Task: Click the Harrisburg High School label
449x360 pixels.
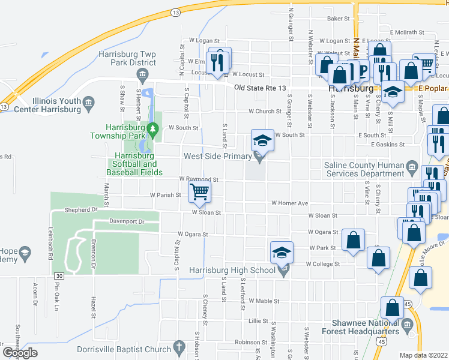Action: point(232,271)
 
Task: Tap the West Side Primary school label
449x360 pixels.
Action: point(217,157)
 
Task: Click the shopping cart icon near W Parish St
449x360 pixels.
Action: point(199,192)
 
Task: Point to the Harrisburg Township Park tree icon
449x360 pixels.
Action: point(153,128)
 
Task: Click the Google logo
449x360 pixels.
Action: point(20,353)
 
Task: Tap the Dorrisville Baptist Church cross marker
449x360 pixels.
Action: point(178,346)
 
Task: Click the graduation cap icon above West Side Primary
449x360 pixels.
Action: point(262,142)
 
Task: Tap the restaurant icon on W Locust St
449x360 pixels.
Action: point(218,61)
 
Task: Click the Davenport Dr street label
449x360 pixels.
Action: point(127,221)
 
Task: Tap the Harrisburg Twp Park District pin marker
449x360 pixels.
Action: point(143,74)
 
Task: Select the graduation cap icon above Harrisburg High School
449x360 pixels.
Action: point(280,253)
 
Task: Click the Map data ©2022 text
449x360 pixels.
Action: point(424,355)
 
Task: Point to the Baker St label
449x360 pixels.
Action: point(338,19)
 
